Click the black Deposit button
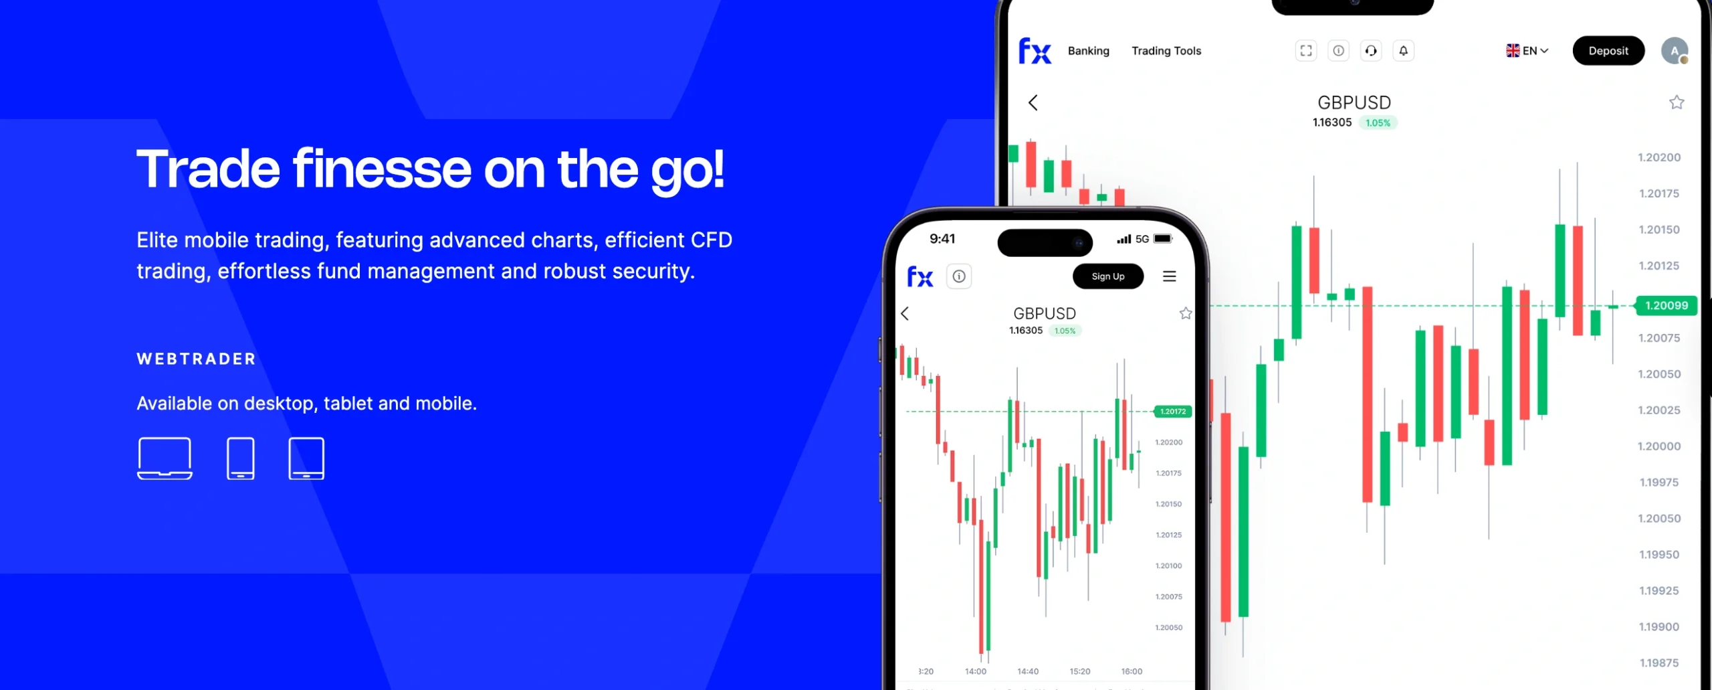(1608, 51)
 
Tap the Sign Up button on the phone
(1108, 276)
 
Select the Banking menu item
(1088, 51)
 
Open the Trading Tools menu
(1166, 51)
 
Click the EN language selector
(1527, 51)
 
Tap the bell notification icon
(1403, 51)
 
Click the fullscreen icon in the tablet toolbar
(1305, 51)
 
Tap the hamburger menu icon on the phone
(1169, 276)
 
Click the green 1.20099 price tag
(1666, 306)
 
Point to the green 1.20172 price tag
(1172, 412)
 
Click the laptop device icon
(165, 458)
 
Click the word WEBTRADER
(197, 359)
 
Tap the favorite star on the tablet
(1677, 102)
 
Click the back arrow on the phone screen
(905, 314)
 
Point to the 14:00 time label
(976, 671)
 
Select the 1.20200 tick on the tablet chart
(1659, 158)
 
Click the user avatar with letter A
(1675, 51)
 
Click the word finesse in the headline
(382, 169)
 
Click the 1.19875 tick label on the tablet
(1659, 663)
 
